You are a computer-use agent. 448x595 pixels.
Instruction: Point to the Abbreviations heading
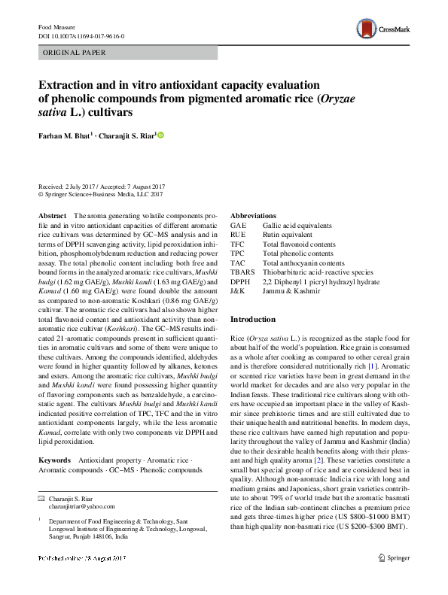pos(253,216)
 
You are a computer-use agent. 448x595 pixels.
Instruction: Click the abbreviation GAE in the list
pos(238,226)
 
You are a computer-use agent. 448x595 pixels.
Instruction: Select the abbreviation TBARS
pos(242,272)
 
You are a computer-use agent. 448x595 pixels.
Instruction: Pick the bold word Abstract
pos(52,216)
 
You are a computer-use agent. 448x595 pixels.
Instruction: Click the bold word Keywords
pos(54,459)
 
